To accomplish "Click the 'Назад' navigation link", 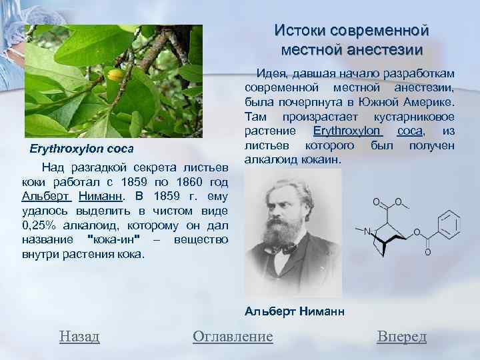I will [x=79, y=337].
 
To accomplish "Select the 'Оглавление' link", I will [x=233, y=337].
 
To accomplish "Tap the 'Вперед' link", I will [x=401, y=337].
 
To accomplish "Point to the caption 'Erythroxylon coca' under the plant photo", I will [x=82, y=147].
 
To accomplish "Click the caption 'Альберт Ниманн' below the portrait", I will [x=294, y=311].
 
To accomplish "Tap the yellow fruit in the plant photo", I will [x=116, y=75].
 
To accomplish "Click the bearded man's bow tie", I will [x=289, y=247].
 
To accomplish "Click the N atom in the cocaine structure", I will [x=367, y=232].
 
